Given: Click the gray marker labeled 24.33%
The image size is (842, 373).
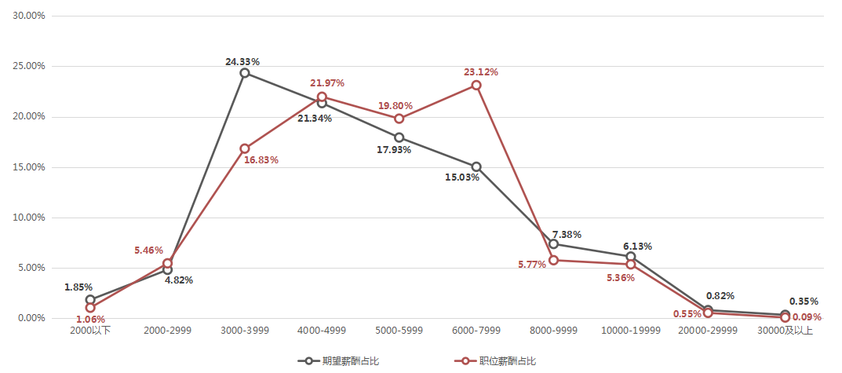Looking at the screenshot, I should point(245,73).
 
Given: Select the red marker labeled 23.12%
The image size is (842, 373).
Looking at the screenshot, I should point(476,85).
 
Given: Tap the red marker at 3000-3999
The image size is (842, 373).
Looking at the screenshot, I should point(245,148).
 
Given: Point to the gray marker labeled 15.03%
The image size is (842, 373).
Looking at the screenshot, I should point(476,166).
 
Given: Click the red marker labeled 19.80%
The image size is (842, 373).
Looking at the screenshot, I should point(399,119).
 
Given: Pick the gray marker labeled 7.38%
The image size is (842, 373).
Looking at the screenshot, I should point(553,244).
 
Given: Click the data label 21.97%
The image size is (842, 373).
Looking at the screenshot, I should point(327,83).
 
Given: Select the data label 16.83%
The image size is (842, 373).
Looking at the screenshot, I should point(261,160).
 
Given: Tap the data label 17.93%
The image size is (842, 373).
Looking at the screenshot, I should point(394,150).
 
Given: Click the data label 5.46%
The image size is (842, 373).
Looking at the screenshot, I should point(149,250).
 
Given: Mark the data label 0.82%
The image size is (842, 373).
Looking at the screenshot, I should point(720,296).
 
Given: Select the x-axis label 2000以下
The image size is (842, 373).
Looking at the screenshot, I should point(90,331).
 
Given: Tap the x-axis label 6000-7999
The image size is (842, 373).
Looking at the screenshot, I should point(476,331).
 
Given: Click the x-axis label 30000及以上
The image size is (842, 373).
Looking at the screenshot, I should point(786,331).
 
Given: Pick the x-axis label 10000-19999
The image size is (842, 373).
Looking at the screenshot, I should point(631,331).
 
